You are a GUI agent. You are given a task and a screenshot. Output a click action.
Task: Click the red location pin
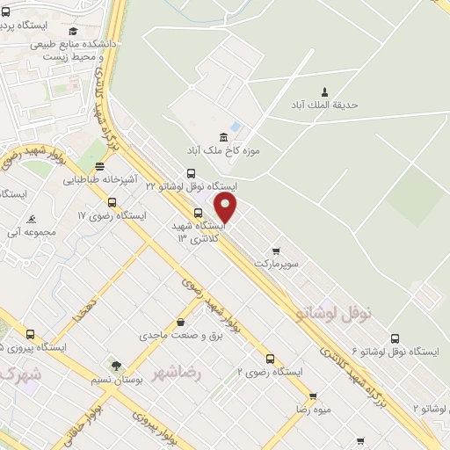(x=227, y=207)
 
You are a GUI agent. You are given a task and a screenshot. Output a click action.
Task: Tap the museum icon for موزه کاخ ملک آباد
(x=222, y=136)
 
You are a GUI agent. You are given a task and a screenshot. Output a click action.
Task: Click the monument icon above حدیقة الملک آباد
(x=324, y=91)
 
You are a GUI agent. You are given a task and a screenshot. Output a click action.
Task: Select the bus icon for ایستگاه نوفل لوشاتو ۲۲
(x=192, y=173)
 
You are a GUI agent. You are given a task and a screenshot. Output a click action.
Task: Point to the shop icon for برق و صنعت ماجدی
(x=181, y=322)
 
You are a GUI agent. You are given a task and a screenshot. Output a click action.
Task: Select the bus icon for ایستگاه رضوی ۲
(x=270, y=358)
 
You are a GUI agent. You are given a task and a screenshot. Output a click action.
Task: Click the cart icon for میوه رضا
(x=312, y=396)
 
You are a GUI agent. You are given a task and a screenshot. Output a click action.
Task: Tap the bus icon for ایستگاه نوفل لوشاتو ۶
(x=395, y=337)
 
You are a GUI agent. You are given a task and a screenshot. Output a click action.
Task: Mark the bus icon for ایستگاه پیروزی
(x=31, y=334)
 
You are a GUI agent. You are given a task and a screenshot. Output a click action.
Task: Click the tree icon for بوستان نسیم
(x=116, y=365)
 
